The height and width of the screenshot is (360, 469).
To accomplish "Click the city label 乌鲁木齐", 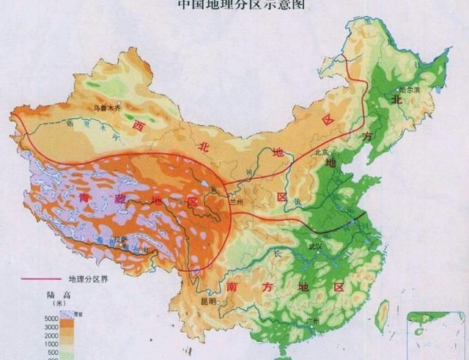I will coord(106,109).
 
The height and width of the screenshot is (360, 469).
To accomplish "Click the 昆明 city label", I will coord(210,301).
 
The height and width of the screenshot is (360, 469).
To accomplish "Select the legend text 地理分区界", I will coord(87,279).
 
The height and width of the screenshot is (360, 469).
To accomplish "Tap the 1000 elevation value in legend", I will coord(51,343).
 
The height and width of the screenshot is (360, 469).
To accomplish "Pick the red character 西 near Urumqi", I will coord(137,127).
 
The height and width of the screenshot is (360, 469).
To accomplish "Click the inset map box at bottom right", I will coord(437,334).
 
